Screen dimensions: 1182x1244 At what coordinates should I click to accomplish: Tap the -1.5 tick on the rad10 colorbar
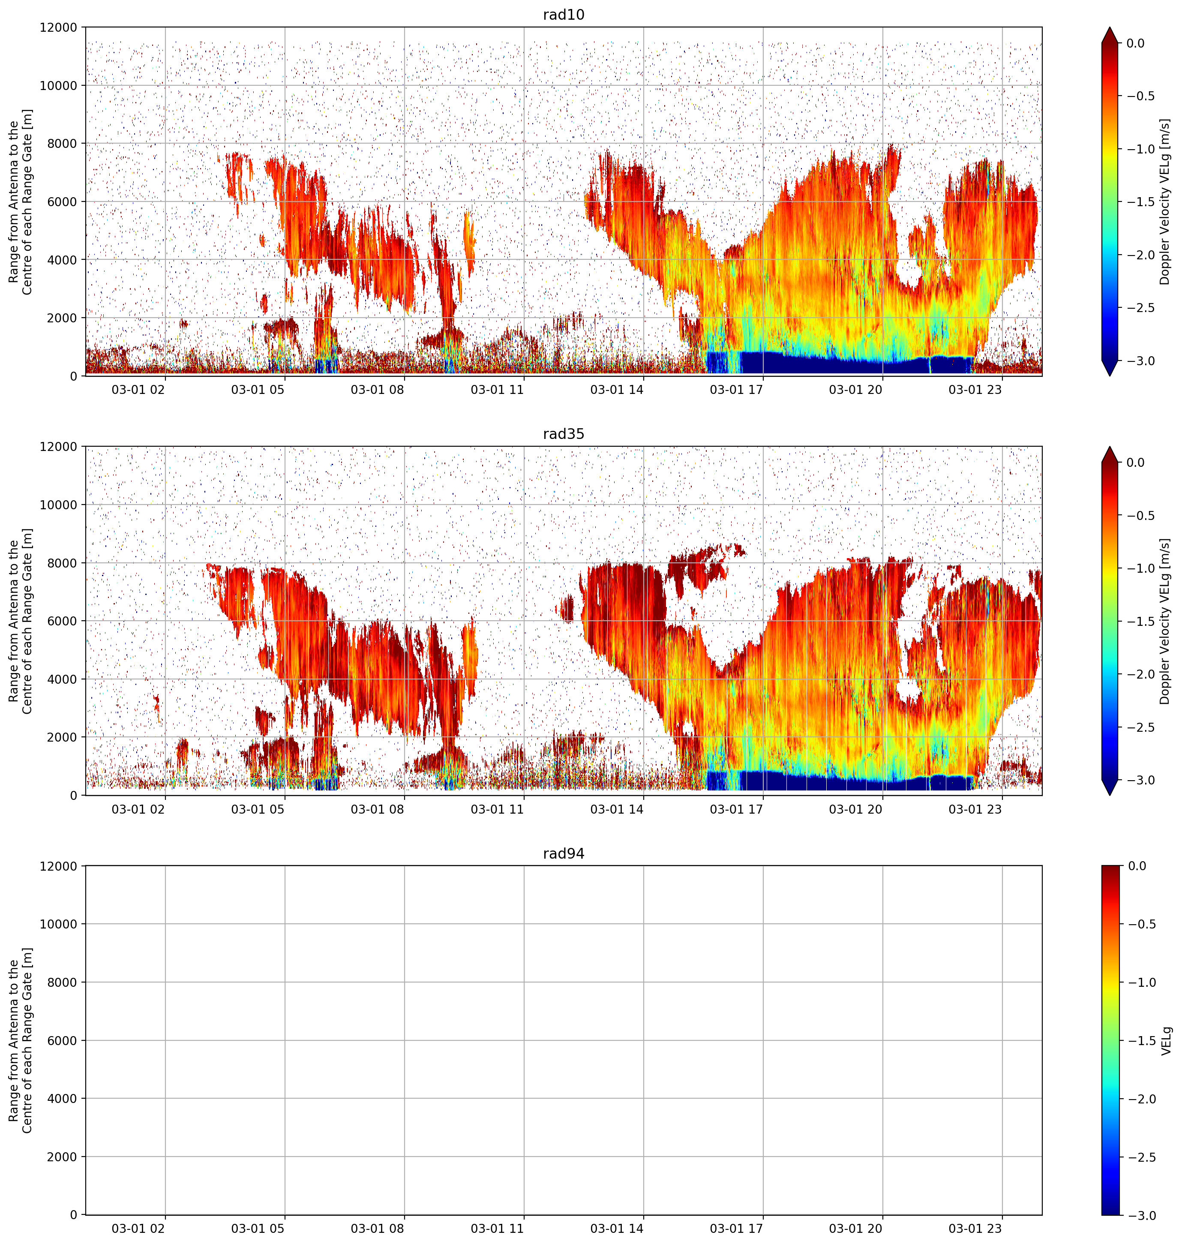pos(1140,201)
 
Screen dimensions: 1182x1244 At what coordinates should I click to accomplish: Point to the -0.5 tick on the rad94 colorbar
pos(1140,924)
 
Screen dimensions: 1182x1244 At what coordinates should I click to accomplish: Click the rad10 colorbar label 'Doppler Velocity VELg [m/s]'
pos(1165,201)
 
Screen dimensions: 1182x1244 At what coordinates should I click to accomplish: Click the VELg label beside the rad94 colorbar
pos(1166,1040)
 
